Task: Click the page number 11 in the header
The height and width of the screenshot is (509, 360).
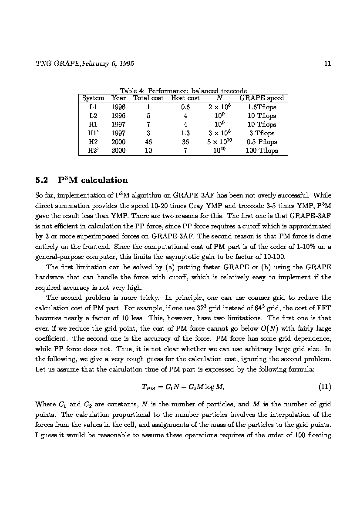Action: (328, 64)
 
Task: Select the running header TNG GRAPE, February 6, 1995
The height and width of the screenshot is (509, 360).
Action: (84, 64)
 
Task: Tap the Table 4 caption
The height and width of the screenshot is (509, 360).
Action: (183, 91)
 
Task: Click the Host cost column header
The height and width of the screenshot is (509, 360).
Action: (185, 98)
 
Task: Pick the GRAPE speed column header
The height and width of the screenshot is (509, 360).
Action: (261, 98)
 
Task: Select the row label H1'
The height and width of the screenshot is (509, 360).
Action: (93, 133)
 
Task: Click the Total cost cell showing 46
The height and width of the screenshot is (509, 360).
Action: (148, 142)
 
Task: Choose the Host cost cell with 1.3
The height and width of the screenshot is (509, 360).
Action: (185, 133)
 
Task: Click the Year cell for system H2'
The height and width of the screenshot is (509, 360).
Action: (118, 151)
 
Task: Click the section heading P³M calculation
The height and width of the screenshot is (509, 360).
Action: (93, 180)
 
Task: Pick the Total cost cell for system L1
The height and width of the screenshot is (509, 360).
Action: (148, 107)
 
